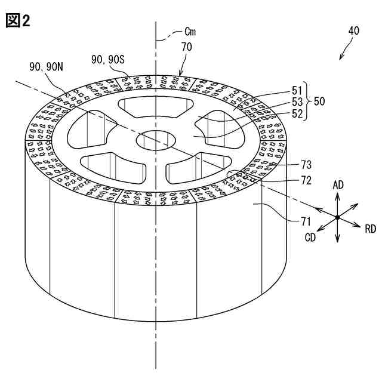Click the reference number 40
(x=353, y=31)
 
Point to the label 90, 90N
(x=46, y=67)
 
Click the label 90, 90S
(x=108, y=59)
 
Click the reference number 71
(x=306, y=221)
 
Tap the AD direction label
(x=338, y=185)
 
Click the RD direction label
(x=370, y=229)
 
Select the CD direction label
(x=310, y=238)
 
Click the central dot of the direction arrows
(x=337, y=217)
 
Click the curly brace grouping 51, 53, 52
(x=307, y=101)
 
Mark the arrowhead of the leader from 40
(x=340, y=58)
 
